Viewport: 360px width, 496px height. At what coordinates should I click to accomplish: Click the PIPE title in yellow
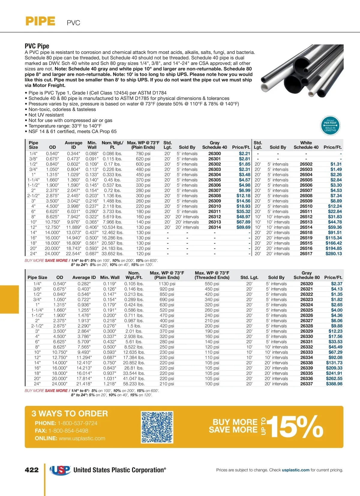click(x=40, y=22)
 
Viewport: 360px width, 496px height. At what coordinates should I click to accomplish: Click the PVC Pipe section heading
click(x=37, y=46)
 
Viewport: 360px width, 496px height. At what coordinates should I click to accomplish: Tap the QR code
click(x=157, y=427)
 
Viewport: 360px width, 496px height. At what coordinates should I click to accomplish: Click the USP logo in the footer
click(x=60, y=470)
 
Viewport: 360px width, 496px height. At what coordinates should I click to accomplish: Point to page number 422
click(x=32, y=470)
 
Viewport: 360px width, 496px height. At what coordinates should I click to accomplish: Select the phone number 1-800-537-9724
click(x=77, y=423)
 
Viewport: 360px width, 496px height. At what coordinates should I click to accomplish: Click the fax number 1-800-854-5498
click(x=68, y=431)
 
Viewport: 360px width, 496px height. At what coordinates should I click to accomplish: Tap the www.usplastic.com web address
click(x=82, y=438)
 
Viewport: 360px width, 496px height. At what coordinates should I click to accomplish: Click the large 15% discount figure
click(x=295, y=427)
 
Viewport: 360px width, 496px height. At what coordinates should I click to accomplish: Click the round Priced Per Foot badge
click(x=330, y=126)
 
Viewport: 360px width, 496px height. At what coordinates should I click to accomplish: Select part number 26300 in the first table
click(x=214, y=154)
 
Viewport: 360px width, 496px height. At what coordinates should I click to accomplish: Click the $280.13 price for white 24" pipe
click(x=334, y=254)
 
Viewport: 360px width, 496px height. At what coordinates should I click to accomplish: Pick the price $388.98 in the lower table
click(x=334, y=384)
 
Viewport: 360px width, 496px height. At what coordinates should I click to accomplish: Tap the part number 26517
click(x=306, y=254)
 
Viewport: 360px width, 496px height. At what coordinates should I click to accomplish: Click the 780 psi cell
click(x=143, y=154)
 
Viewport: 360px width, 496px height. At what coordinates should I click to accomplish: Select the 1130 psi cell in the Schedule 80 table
click(x=167, y=284)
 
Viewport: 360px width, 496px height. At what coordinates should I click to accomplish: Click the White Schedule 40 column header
click(x=306, y=145)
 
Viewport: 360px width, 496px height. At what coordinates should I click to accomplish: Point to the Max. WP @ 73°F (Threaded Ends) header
click(x=212, y=275)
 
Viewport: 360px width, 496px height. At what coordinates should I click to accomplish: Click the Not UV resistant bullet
click(x=46, y=115)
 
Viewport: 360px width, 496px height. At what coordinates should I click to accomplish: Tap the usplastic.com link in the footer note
click(x=295, y=470)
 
